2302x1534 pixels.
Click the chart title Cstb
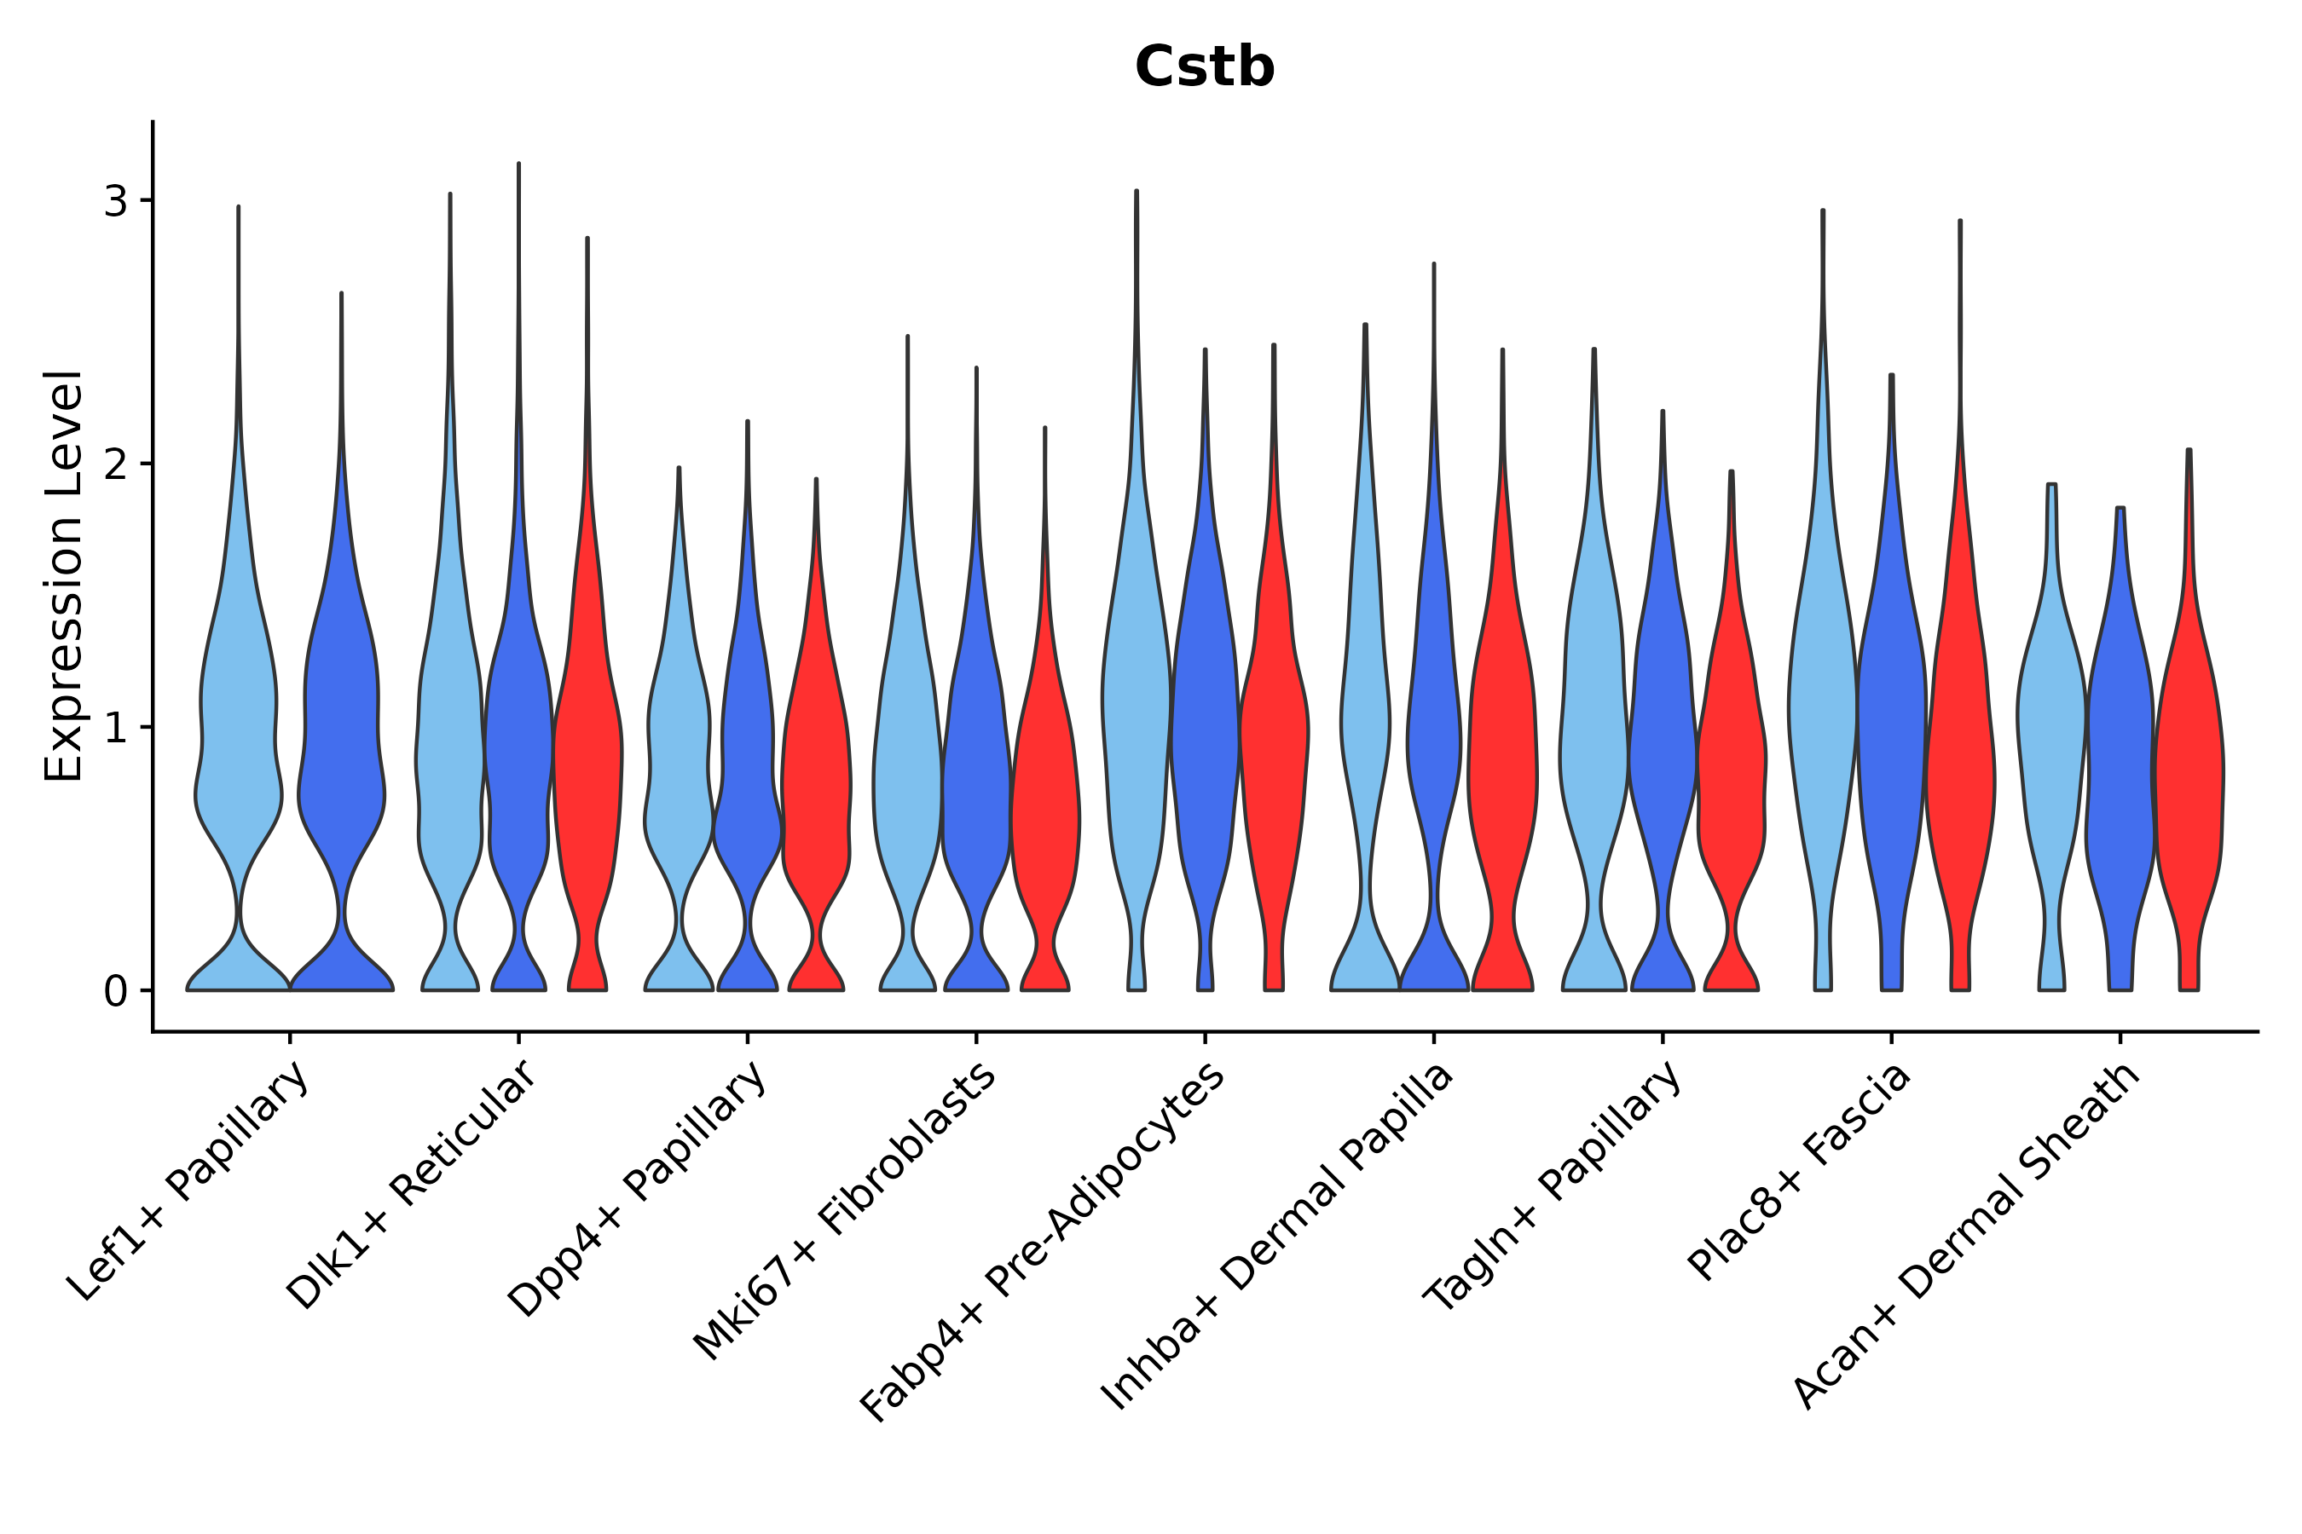point(1204,68)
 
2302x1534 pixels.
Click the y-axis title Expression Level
point(64,575)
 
